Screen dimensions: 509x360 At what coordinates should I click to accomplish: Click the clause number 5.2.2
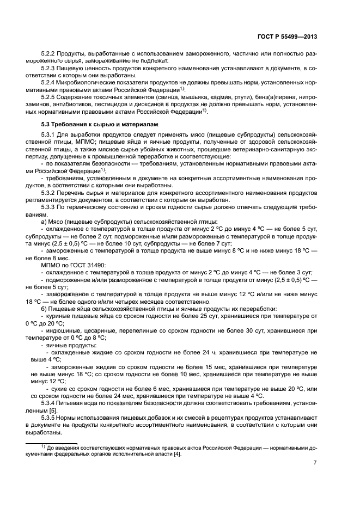pos(49,54)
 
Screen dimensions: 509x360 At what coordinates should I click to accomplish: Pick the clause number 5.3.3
pos(49,207)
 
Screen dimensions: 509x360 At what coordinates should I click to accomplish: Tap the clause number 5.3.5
pos(49,417)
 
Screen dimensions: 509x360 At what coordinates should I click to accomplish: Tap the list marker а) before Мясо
pos(44,222)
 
